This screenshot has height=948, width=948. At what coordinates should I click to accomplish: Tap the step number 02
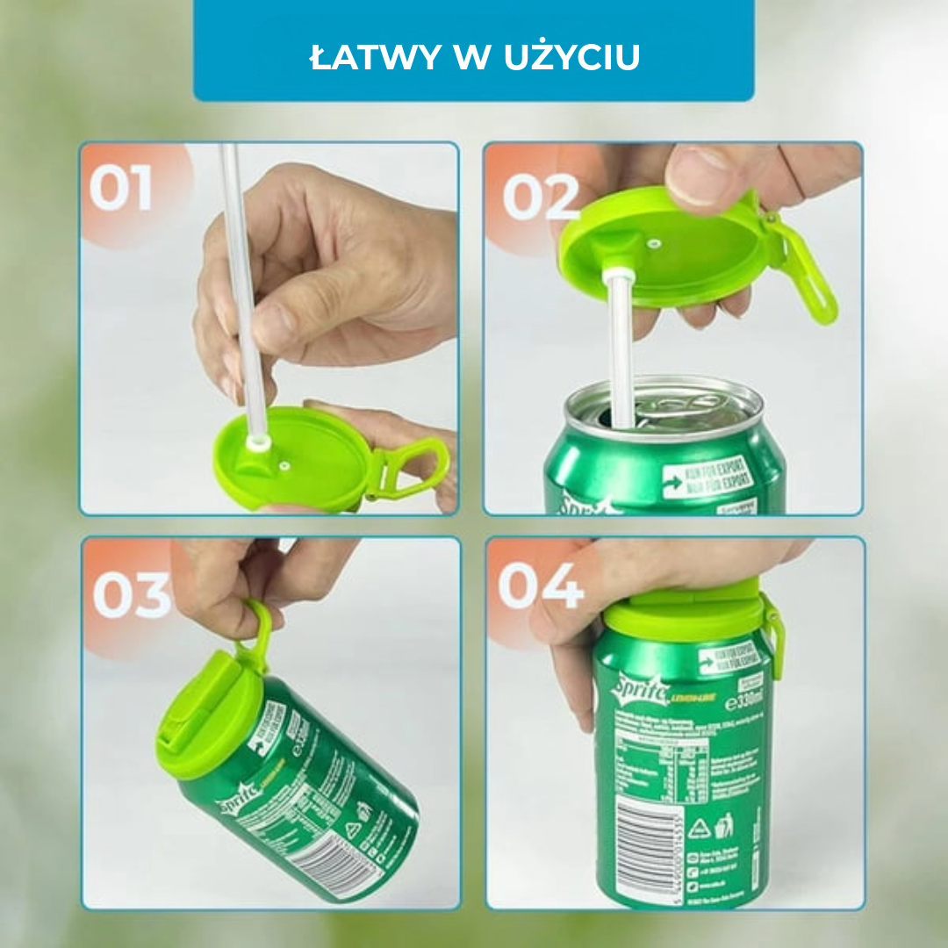541,197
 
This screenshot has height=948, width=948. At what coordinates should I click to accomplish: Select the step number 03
133,595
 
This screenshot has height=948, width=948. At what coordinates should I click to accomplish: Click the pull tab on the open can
680,406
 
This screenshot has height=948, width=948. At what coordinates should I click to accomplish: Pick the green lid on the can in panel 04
685,610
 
